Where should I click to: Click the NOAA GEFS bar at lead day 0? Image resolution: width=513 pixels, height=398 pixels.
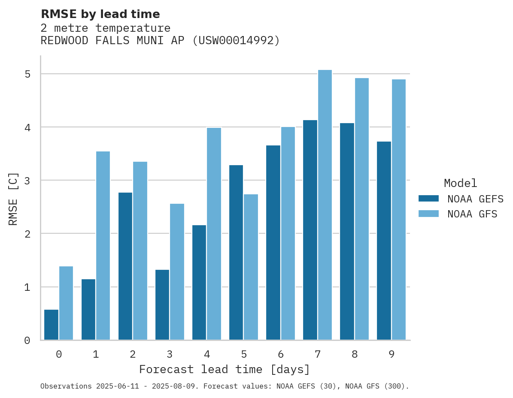[52, 325]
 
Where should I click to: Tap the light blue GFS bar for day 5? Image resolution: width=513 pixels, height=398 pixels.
[251, 267]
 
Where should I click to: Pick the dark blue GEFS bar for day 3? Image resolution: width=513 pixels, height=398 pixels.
[162, 305]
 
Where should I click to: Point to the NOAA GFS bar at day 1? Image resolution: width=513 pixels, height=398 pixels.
[103, 245]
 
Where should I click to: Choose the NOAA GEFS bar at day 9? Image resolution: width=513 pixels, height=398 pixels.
[384, 241]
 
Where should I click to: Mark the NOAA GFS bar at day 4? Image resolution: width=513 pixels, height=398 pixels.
[214, 234]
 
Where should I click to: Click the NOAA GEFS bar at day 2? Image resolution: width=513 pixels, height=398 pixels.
[125, 266]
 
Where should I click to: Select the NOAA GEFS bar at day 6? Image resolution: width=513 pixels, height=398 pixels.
[273, 242]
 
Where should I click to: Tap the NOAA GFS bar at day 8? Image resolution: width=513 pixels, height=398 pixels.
[362, 209]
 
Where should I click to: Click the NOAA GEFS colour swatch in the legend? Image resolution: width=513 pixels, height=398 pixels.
[428, 199]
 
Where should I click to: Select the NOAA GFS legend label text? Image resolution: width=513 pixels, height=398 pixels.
[472, 214]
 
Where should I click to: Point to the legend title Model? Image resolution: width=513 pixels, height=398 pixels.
[460, 183]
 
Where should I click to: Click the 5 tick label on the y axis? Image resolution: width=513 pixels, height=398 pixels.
[27, 74]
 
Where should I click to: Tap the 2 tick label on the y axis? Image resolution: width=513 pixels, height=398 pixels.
[27, 234]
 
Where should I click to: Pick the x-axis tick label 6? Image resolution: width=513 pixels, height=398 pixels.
[281, 354]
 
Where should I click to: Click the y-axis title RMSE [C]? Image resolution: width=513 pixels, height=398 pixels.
[13, 199]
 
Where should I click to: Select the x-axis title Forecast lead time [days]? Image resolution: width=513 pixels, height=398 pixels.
[225, 369]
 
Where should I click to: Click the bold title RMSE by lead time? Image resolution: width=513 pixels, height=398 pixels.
[100, 14]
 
